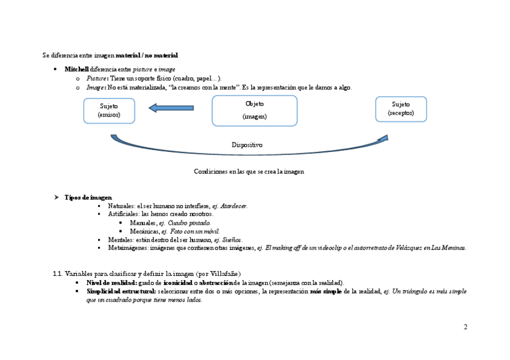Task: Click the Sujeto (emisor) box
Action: [x=109, y=111]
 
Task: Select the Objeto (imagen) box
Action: [x=254, y=111]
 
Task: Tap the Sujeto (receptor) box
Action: [x=401, y=109]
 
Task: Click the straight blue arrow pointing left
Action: [x=171, y=108]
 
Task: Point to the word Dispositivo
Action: [x=247, y=145]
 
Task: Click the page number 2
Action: [x=465, y=327]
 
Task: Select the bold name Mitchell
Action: [x=76, y=69]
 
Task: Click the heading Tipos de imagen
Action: [x=88, y=197]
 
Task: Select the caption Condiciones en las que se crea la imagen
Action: [x=249, y=171]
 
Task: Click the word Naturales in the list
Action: [x=121, y=206]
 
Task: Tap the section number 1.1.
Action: [x=58, y=274]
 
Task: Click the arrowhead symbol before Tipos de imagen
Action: [x=55, y=197]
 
